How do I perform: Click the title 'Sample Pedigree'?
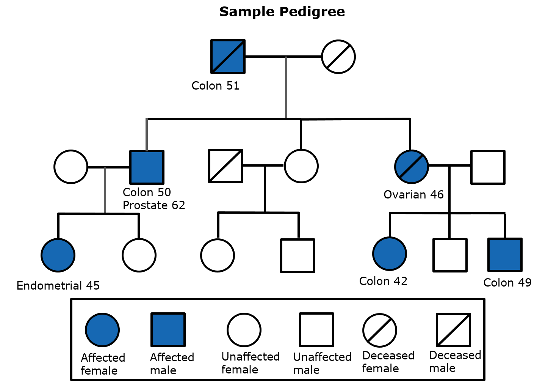click(x=282, y=12)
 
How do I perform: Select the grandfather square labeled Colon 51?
click(x=228, y=57)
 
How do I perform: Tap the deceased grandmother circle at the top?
click(x=338, y=57)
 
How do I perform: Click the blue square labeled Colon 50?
click(x=147, y=167)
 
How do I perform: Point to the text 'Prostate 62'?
click(x=154, y=205)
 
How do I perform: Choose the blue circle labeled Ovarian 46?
click(x=411, y=167)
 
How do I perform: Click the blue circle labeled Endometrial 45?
click(x=58, y=255)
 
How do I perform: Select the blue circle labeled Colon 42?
click(x=390, y=254)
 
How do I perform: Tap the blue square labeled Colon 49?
click(x=505, y=255)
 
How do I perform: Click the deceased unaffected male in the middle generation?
click(x=225, y=166)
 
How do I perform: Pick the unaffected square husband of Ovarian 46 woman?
click(x=488, y=167)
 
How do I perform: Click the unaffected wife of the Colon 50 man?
click(x=71, y=167)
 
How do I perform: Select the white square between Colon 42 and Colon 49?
click(x=450, y=255)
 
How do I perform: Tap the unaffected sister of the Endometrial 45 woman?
click(x=139, y=255)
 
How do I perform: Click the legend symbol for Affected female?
click(x=102, y=330)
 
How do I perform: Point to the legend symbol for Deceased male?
click(x=453, y=330)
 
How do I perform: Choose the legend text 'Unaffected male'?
click(x=322, y=363)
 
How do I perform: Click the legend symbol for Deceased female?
click(x=379, y=330)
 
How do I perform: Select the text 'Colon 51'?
click(x=215, y=86)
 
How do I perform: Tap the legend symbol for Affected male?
click(x=168, y=330)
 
